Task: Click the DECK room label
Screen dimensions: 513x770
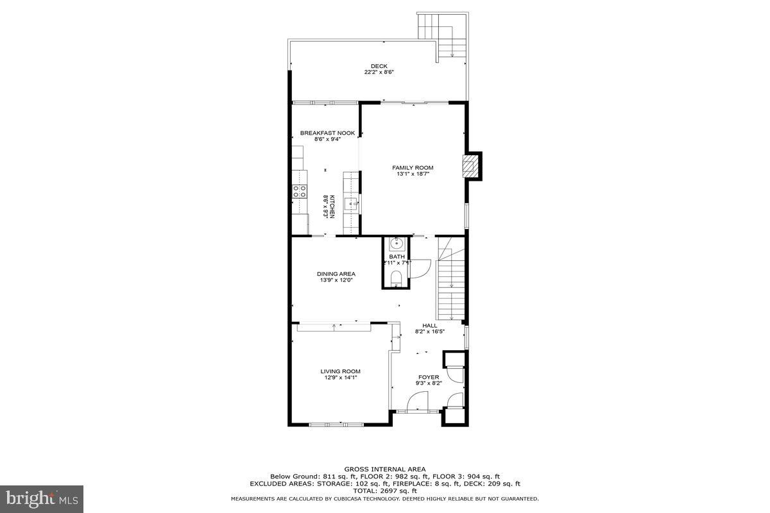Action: point(379,66)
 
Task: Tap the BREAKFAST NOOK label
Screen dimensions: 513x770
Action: point(327,133)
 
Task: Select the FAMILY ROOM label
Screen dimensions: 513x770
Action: point(413,167)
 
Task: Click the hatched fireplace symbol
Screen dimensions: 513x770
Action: point(472,166)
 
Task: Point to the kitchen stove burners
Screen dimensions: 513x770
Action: point(298,190)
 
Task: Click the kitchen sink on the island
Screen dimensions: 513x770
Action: point(350,205)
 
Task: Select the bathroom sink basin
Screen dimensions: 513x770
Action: point(397,244)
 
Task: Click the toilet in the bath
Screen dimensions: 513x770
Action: point(396,278)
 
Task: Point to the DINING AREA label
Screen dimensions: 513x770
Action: point(336,274)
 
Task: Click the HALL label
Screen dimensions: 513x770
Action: point(429,326)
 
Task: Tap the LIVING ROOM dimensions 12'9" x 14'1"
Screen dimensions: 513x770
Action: point(340,378)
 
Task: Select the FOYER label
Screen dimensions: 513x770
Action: point(429,377)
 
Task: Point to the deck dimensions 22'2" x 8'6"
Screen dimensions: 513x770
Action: point(379,72)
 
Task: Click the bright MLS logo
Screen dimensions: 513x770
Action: point(42,498)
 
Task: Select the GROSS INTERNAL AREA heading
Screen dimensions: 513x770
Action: point(384,469)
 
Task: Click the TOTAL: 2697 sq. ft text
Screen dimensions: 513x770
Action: point(384,491)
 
